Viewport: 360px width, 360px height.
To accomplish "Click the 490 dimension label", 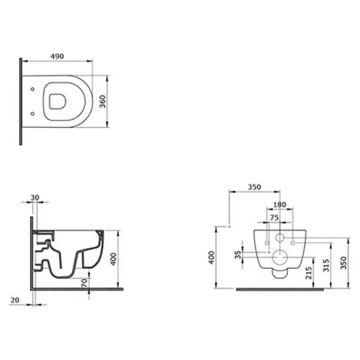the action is click(x=57, y=56).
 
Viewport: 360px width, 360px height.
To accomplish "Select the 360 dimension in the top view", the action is click(x=103, y=101).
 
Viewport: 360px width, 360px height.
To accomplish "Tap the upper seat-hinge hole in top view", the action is click(x=32, y=89).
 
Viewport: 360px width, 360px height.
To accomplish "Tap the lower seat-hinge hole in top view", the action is click(x=32, y=113).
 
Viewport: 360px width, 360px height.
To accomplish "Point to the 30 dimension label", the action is click(x=35, y=197).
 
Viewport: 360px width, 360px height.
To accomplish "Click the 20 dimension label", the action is click(x=15, y=300).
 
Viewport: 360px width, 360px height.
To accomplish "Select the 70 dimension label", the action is click(x=85, y=283).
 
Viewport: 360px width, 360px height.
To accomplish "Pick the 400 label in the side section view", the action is click(x=113, y=259).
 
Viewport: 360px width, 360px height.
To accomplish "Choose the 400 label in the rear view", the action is click(x=212, y=257).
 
